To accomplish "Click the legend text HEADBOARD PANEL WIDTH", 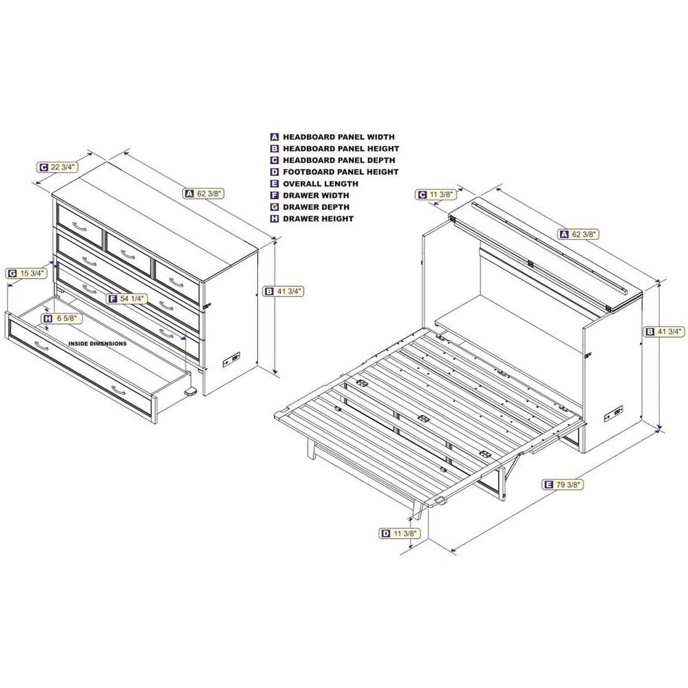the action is [x=338, y=137].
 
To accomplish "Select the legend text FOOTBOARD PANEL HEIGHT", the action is [x=341, y=172].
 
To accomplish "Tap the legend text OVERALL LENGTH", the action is [x=320, y=184].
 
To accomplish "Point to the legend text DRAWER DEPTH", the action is [x=316, y=207].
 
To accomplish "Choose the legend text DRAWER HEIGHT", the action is [x=318, y=218].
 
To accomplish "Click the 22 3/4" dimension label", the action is [x=58, y=167].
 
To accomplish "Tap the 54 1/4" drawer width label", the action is [x=127, y=298].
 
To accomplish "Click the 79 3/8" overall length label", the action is [x=562, y=485].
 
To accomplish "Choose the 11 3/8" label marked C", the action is [x=436, y=195].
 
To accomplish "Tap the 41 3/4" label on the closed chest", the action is [x=284, y=292].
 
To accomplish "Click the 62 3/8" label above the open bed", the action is [x=579, y=234].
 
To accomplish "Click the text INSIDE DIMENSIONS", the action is [x=98, y=344].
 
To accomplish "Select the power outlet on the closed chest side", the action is [x=231, y=359].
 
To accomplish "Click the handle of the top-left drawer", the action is [x=80, y=226].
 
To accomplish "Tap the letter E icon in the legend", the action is [x=275, y=184].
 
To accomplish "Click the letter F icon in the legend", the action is [x=275, y=195].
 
